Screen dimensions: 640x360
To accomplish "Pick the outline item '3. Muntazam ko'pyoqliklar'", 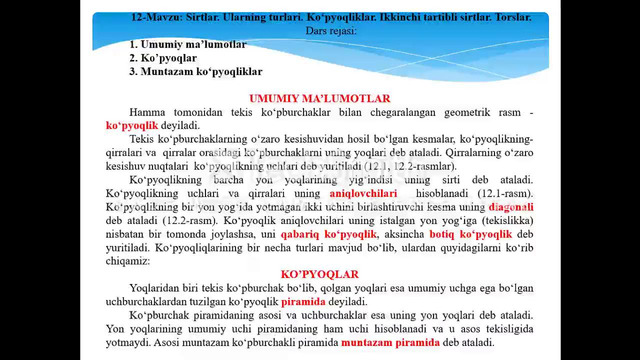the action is click(x=196, y=72).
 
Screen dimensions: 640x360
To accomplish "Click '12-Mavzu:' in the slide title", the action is click(x=156, y=18).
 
